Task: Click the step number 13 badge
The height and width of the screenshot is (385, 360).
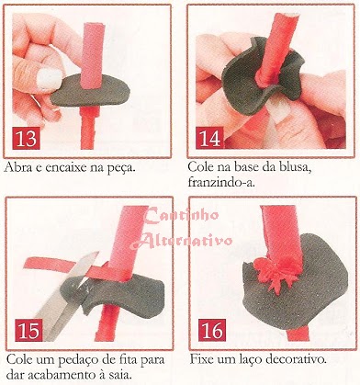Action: click(27, 138)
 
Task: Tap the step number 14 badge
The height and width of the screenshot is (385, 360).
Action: click(210, 137)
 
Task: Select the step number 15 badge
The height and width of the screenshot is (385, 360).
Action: click(28, 330)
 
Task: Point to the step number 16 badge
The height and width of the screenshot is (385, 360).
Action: click(212, 330)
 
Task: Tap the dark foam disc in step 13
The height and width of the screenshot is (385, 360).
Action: click(90, 90)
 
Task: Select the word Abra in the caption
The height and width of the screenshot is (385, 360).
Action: click(17, 167)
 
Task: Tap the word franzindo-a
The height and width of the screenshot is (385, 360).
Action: click(221, 183)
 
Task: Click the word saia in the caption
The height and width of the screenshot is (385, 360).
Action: click(120, 375)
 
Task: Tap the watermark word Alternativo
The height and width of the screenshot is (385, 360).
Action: click(182, 241)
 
